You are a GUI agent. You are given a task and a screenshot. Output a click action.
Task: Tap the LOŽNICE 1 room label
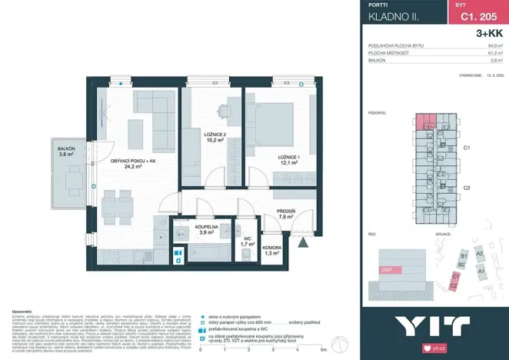tap(288, 157)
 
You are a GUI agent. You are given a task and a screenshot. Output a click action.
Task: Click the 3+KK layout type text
tap(489, 34)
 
